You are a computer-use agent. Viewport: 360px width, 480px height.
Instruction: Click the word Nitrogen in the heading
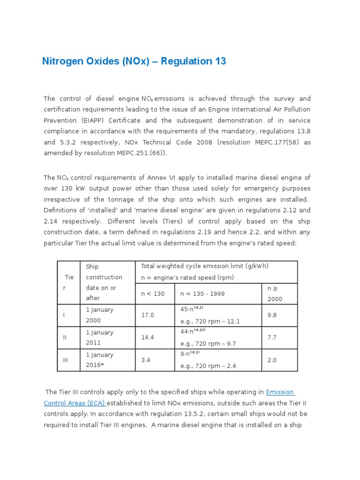(62, 61)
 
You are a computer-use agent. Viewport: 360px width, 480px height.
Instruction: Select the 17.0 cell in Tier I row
(148, 315)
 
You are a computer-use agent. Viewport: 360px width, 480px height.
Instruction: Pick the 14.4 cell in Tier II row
(148, 338)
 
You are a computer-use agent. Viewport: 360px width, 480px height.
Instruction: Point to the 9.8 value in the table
(272, 315)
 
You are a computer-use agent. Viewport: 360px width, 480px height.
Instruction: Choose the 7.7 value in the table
(272, 338)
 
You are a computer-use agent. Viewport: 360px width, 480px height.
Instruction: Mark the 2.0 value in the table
(272, 360)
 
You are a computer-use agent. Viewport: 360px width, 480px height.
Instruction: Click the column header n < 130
(152, 294)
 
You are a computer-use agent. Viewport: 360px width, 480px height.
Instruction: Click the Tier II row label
(64, 338)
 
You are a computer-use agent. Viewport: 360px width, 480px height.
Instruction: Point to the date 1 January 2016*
(99, 360)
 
